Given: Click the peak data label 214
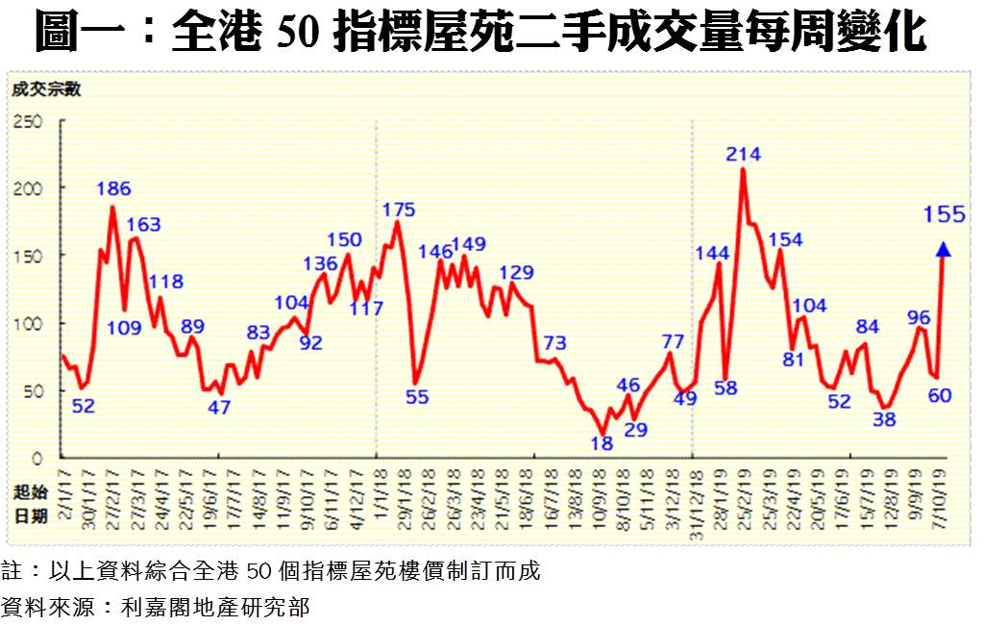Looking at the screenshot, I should click(x=744, y=154).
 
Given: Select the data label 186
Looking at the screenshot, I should click(x=113, y=188).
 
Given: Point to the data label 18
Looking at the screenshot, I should click(x=602, y=443).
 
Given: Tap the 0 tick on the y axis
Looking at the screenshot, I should click(x=38, y=459).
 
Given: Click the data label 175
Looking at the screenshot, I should click(x=399, y=210).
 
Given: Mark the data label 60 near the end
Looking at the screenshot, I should click(x=940, y=395).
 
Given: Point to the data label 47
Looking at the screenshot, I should click(x=219, y=407).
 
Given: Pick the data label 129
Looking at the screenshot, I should click(x=516, y=272).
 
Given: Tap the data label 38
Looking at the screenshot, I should click(x=884, y=419).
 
